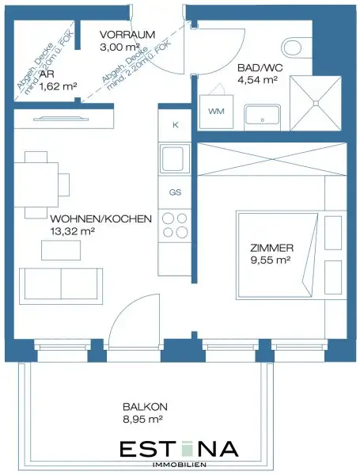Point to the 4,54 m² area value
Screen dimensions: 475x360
[x=258, y=79]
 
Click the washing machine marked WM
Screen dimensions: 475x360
[x=216, y=112]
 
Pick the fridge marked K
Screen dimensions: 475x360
[x=175, y=125]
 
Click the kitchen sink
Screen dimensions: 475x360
[x=174, y=160]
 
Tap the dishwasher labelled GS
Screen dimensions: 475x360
[x=175, y=192]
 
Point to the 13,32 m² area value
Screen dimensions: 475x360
[x=73, y=232]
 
